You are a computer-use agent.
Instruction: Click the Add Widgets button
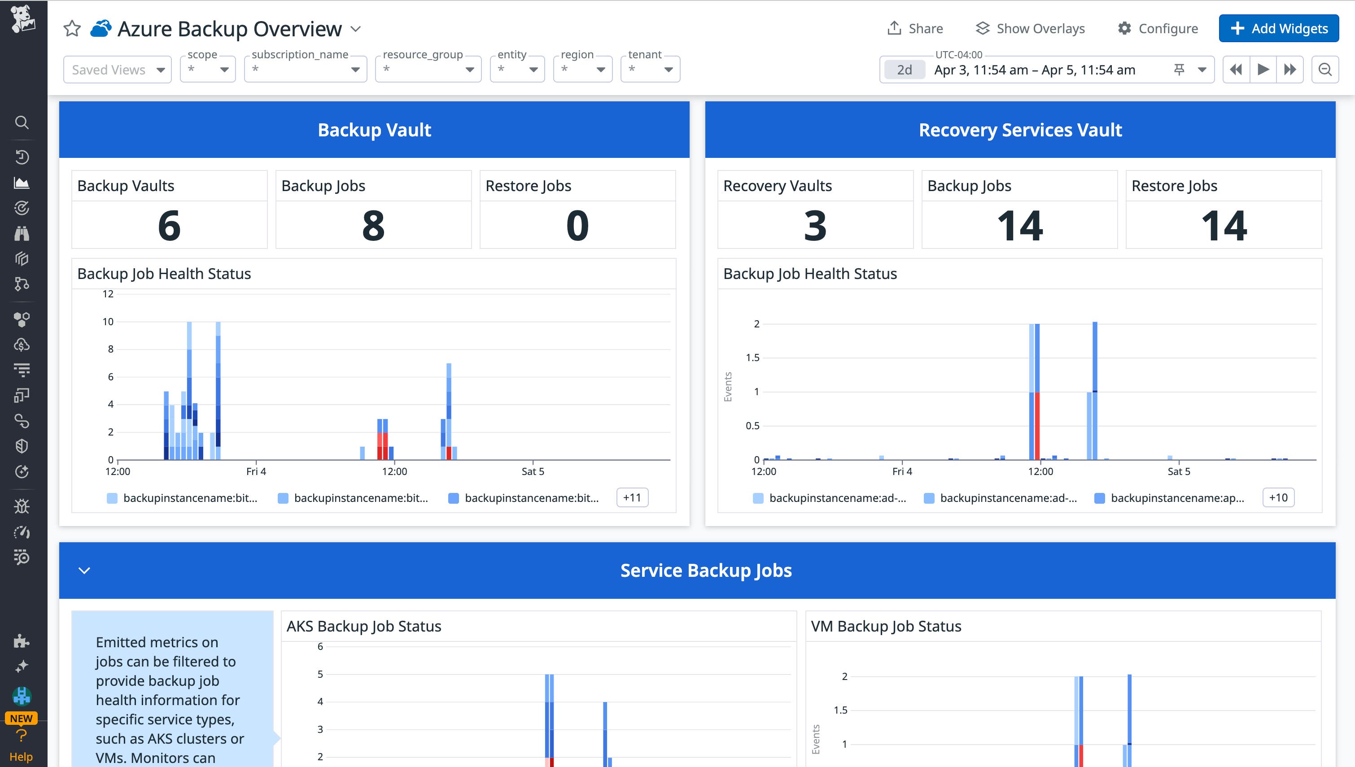[x=1278, y=28]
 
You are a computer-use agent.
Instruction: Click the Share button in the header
[x=915, y=28]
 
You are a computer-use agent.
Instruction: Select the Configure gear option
[x=1158, y=28]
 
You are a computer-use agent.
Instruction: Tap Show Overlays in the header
[x=1030, y=28]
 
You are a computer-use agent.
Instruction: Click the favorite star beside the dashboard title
[x=72, y=28]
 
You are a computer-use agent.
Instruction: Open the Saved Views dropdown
[x=118, y=70]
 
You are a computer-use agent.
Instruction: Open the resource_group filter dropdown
[x=428, y=70]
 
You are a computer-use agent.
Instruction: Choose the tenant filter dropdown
[x=650, y=70]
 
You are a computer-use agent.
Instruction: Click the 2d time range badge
[x=904, y=70]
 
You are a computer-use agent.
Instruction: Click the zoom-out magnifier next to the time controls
[x=1325, y=70]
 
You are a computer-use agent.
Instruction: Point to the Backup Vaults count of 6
[x=169, y=226]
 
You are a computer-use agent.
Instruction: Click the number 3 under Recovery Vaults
[x=814, y=226]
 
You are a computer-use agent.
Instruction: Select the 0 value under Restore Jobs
[x=577, y=226]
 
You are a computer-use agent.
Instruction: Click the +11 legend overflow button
[x=632, y=497]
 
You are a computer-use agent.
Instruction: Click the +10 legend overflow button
[x=1278, y=497]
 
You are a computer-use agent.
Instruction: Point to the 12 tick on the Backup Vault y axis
[x=108, y=294]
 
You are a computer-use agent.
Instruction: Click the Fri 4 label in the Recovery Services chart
[x=902, y=471]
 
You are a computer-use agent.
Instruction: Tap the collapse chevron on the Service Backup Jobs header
[x=84, y=571]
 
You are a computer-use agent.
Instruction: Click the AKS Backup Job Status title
[x=363, y=626]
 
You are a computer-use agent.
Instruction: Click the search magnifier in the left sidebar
[x=22, y=122]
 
